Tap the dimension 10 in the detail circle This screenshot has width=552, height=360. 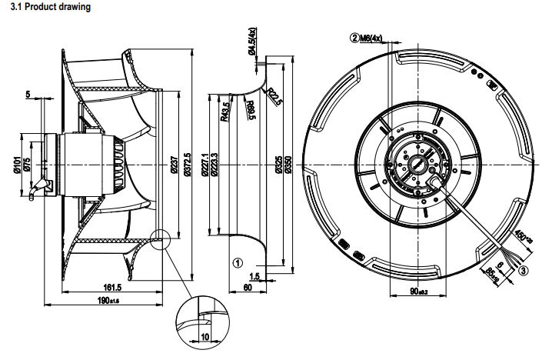(204, 336)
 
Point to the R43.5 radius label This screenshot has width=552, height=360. (224, 112)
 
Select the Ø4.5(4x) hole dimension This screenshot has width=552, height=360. (251, 41)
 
